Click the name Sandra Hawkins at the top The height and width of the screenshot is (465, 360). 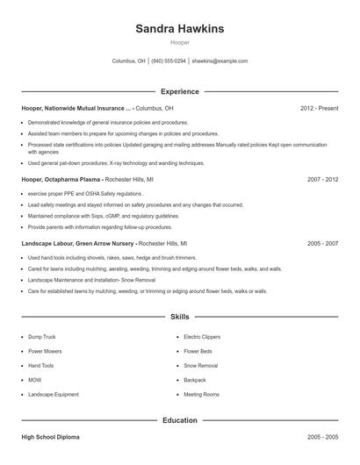coord(180,29)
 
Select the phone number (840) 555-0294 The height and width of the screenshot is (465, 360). coord(169,61)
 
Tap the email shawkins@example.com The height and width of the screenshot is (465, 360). coord(220,61)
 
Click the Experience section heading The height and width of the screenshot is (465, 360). coord(180,91)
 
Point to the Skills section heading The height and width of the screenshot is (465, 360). coord(180,316)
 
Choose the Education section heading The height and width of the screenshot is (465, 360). coord(180,420)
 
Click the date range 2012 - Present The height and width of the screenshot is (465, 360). coord(319,108)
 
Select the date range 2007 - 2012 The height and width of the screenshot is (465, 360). coord(322,178)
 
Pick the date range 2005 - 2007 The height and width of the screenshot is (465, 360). coord(322,243)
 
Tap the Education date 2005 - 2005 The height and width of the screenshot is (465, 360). coord(322,436)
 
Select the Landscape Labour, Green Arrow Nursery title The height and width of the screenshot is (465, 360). coord(77,243)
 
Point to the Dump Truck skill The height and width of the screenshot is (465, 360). coord(41,336)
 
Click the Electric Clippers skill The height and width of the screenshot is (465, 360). coord(201,336)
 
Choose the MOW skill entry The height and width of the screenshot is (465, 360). coord(35,380)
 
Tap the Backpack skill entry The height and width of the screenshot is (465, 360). coord(194,380)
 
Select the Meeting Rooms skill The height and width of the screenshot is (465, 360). coord(201,395)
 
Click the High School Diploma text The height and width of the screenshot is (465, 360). coord(50,436)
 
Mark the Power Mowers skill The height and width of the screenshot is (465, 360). coord(45,351)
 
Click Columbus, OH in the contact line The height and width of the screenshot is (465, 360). coord(128,61)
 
